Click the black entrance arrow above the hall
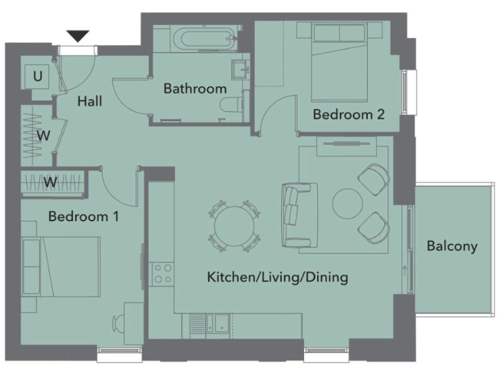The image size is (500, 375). point(77,36)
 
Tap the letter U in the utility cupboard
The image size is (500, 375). point(38,77)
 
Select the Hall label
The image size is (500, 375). point(90,102)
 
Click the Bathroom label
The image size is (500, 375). point(195,89)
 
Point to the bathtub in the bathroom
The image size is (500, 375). point(197,38)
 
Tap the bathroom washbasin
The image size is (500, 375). point(240,68)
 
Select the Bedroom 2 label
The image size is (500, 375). point(348,115)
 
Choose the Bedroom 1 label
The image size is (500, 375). point(83,216)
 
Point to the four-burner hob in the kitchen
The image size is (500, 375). point(162,273)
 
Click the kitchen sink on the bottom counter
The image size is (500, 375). point(216,322)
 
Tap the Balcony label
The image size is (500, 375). point(452,246)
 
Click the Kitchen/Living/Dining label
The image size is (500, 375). point(277,277)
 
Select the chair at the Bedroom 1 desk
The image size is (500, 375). point(120,324)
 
